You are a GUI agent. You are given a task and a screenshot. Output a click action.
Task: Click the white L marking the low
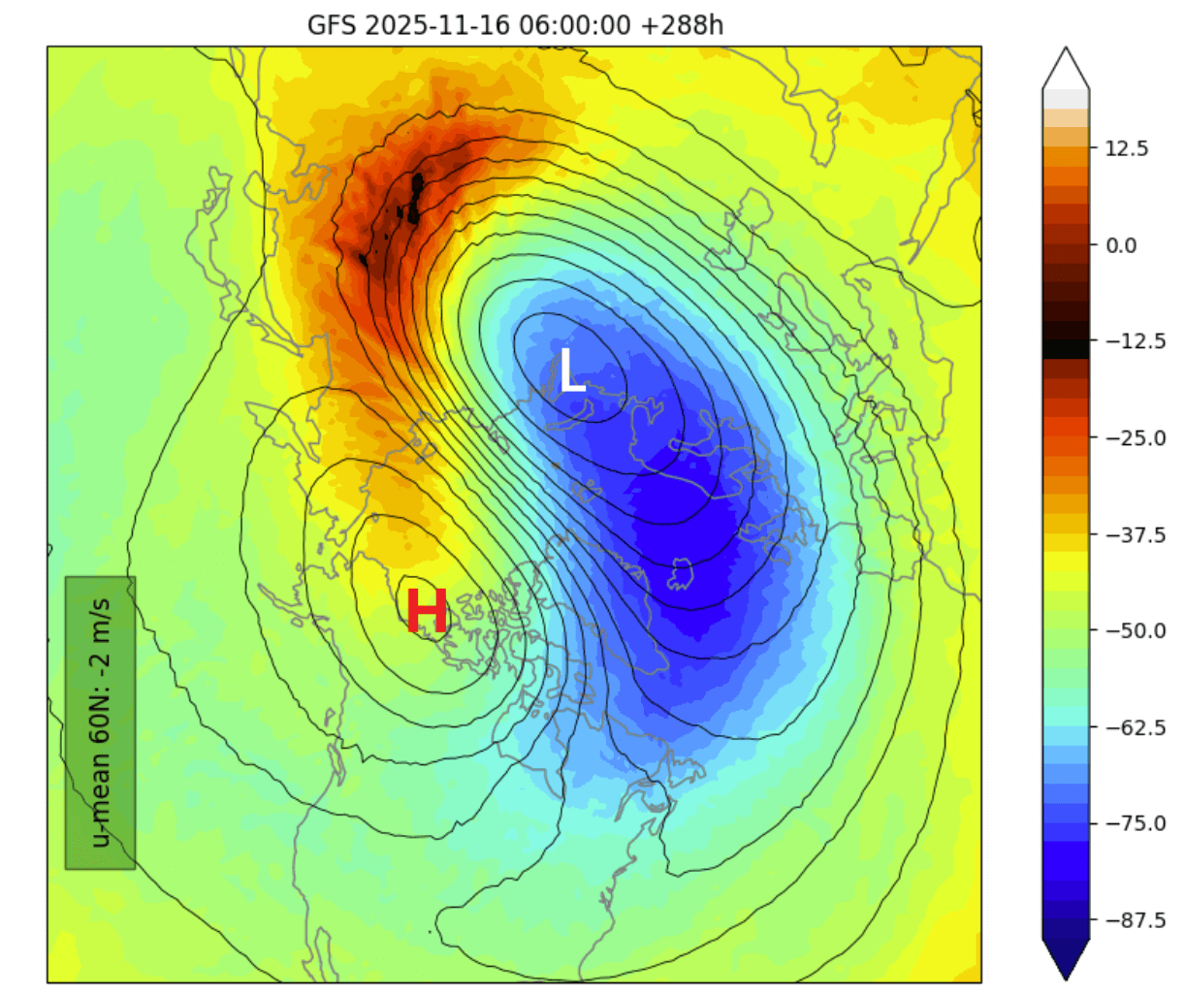pos(572,371)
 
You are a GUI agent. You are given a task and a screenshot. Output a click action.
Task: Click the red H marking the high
pos(427,612)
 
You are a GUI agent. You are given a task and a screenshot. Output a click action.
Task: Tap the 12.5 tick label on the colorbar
pos(1127,148)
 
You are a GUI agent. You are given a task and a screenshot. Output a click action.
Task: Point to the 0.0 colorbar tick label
pos(1121,245)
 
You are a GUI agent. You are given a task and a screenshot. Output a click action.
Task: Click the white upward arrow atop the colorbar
pos(1066,68)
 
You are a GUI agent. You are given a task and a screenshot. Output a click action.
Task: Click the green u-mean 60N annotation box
pos(100,722)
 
